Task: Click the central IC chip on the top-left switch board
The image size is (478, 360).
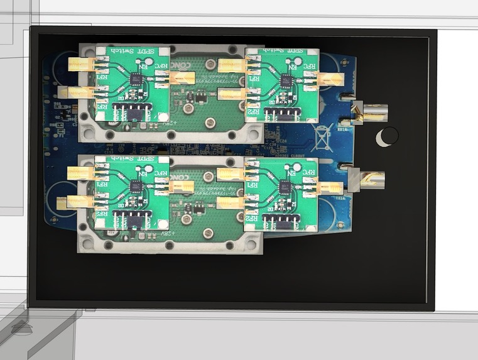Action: (136, 79)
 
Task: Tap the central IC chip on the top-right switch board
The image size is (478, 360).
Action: (286, 80)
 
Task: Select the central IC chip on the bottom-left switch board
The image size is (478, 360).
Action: (136, 187)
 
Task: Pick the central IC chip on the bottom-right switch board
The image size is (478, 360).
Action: (285, 187)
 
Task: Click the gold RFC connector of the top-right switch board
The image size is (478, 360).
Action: (329, 79)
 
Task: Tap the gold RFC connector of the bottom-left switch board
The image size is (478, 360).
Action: (179, 186)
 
